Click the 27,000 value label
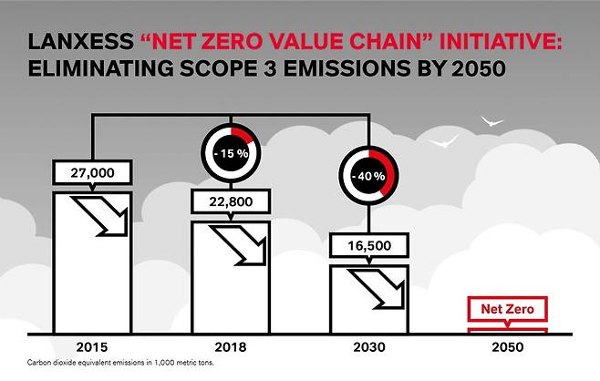click(x=91, y=170)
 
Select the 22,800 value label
click(x=231, y=200)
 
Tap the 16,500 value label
click(x=369, y=245)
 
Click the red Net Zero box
click(x=506, y=310)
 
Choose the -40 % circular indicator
click(x=369, y=174)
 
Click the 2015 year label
click(x=91, y=347)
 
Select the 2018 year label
click(x=231, y=347)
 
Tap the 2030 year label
click(x=369, y=347)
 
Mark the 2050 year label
click(x=507, y=347)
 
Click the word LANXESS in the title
click(x=81, y=43)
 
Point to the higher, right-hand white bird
click(x=492, y=119)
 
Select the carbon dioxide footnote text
click(x=122, y=363)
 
